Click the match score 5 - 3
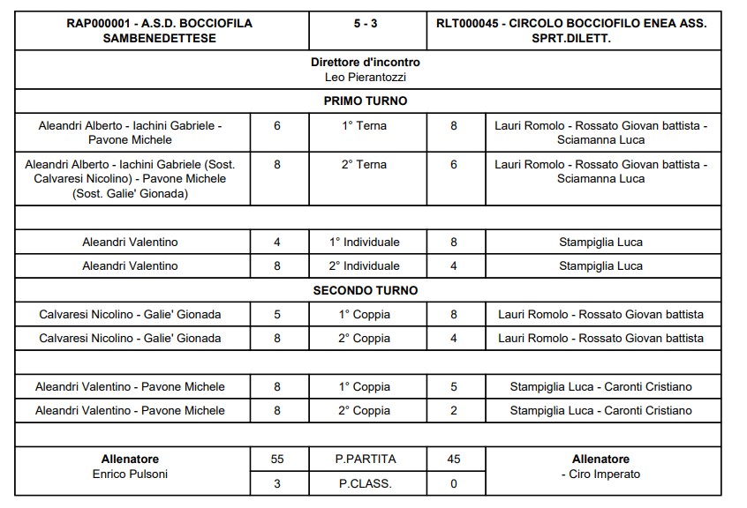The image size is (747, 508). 366,24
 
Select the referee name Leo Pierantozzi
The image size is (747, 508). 366,77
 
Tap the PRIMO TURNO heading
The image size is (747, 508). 366,101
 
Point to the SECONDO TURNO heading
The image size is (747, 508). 366,290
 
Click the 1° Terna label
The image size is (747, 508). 365,126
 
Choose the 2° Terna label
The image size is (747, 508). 365,165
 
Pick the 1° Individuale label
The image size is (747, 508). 366,242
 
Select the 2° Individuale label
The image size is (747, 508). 366,265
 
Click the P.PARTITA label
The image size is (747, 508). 366,459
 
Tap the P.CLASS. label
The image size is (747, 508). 366,483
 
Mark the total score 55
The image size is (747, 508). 277,459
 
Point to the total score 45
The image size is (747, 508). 454,459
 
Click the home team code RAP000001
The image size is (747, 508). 98,24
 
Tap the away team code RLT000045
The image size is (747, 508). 464,24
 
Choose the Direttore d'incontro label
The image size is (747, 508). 366,63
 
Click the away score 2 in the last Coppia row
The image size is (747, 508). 454,410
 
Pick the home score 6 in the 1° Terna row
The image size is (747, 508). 277,126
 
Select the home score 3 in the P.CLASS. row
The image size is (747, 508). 277,483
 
